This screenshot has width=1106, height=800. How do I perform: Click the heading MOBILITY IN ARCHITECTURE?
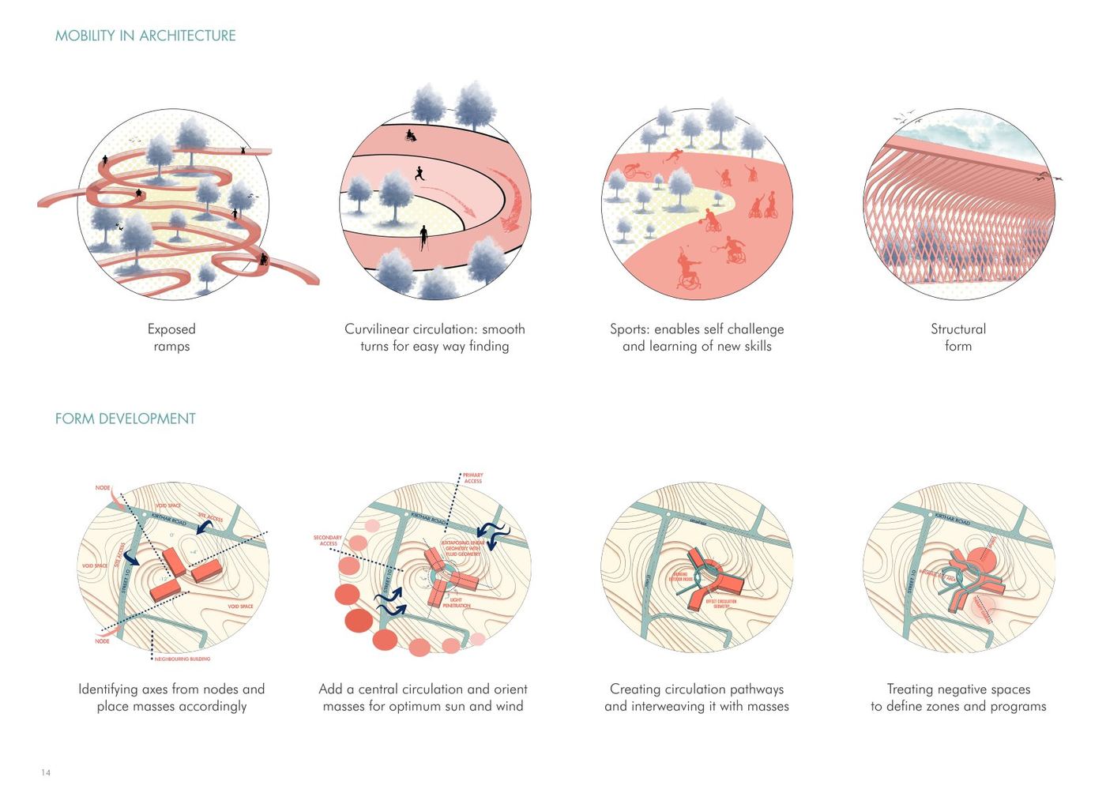(x=145, y=36)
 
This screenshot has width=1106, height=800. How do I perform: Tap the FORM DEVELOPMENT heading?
(x=125, y=419)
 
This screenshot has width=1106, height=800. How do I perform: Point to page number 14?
(x=46, y=772)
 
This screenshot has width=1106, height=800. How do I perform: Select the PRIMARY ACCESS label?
(x=472, y=478)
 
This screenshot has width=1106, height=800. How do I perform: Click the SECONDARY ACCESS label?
(x=328, y=540)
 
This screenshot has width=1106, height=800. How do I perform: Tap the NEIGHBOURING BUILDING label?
(x=182, y=659)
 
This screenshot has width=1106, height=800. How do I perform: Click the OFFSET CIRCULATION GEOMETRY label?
(x=720, y=603)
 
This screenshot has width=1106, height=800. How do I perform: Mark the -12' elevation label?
(x=164, y=579)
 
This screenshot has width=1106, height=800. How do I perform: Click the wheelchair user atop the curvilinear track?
(x=410, y=135)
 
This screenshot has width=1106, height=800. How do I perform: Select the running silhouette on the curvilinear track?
(x=418, y=173)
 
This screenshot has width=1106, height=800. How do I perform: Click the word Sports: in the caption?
(x=630, y=329)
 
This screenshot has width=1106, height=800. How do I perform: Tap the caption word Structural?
(x=957, y=329)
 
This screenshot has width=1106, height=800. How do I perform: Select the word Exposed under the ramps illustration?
(x=171, y=329)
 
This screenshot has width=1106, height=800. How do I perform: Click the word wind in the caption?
(x=509, y=706)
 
